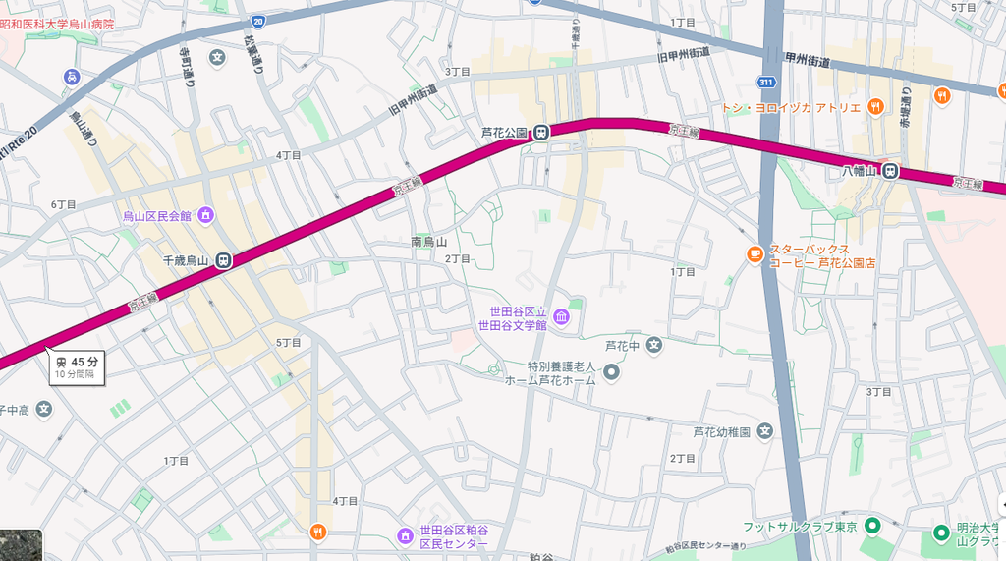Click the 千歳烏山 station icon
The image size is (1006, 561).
pos(224,260)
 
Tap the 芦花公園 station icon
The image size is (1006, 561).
pos(541,133)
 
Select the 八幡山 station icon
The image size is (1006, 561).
pos(890,171)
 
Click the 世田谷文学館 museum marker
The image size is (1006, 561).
pos(561,316)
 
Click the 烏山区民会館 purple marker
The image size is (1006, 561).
pos(205,215)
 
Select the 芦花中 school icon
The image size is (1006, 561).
pos(654,345)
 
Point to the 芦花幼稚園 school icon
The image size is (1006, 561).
pos(764,431)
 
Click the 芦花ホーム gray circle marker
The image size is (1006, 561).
pos(611,371)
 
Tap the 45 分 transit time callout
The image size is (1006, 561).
pos(76,366)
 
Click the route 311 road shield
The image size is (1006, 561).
pos(766,82)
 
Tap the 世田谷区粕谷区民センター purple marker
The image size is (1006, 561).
pos(405,535)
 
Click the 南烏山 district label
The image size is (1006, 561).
pos(428,241)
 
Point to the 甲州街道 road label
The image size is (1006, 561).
pos(808,62)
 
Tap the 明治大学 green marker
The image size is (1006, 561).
pos(941,534)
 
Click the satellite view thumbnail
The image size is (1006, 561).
pos(21,545)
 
